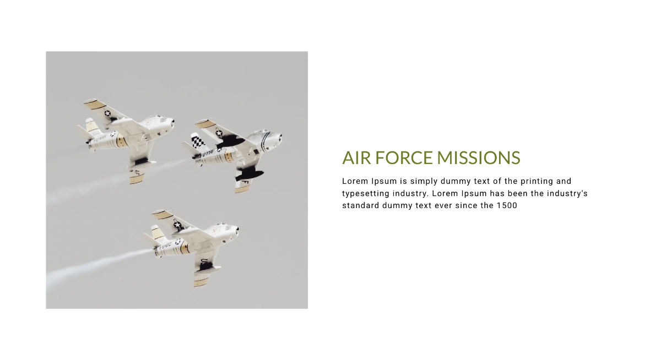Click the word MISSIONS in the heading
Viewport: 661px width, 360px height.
[x=478, y=157]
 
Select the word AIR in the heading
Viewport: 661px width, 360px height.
[x=356, y=157]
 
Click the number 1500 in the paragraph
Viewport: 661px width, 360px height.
[x=507, y=205]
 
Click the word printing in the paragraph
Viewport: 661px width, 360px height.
[x=537, y=181]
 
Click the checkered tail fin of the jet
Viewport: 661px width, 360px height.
[x=198, y=141]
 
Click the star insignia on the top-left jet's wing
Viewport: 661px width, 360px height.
[x=107, y=113]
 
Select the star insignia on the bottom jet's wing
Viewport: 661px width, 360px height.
[x=177, y=225]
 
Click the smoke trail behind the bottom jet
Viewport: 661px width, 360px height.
[x=97, y=264]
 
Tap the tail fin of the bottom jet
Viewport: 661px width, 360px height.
[x=157, y=233]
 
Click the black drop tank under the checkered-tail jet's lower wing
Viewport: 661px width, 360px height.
[x=250, y=176]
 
